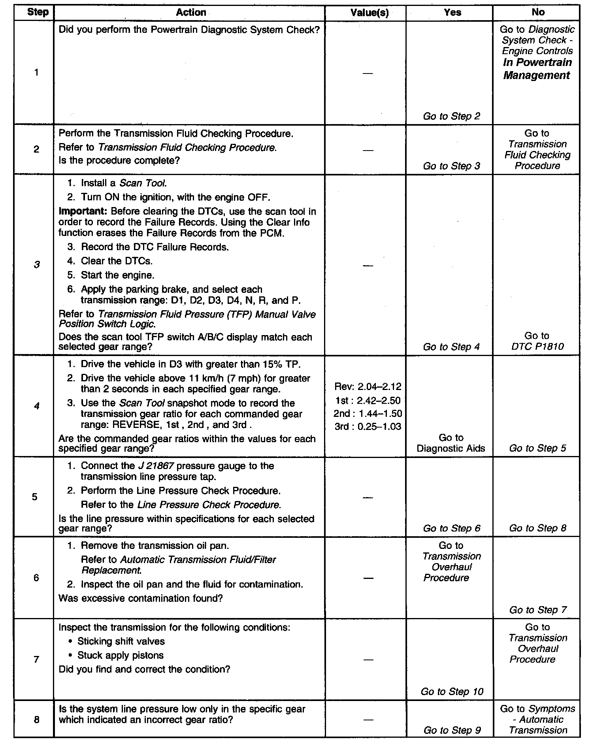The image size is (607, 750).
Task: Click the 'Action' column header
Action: [x=190, y=12]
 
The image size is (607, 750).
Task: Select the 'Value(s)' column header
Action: [x=369, y=13]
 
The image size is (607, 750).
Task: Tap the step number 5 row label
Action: [x=36, y=497]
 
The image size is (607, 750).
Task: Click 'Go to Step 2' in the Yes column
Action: [x=451, y=116]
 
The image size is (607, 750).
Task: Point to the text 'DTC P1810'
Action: [x=537, y=347]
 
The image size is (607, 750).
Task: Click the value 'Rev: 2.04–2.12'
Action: [x=368, y=386]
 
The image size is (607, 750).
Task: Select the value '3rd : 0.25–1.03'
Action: [x=368, y=426]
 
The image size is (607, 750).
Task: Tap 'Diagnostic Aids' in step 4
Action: [x=451, y=448]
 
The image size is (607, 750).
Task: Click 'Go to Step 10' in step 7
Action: [x=452, y=692]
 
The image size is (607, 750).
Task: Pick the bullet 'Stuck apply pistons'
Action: [x=120, y=655]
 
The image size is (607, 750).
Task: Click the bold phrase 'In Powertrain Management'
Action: [x=537, y=69]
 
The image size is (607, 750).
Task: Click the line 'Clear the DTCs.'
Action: [x=117, y=261]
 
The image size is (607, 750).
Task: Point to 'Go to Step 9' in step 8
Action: [x=452, y=730]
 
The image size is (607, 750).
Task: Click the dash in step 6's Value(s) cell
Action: [x=368, y=578]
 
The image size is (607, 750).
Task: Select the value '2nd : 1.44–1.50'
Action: [x=368, y=414]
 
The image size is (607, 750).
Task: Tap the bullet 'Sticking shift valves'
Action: [x=121, y=641]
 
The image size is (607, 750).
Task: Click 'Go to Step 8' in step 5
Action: [x=537, y=528]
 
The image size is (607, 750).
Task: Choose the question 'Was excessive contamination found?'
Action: [x=140, y=598]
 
